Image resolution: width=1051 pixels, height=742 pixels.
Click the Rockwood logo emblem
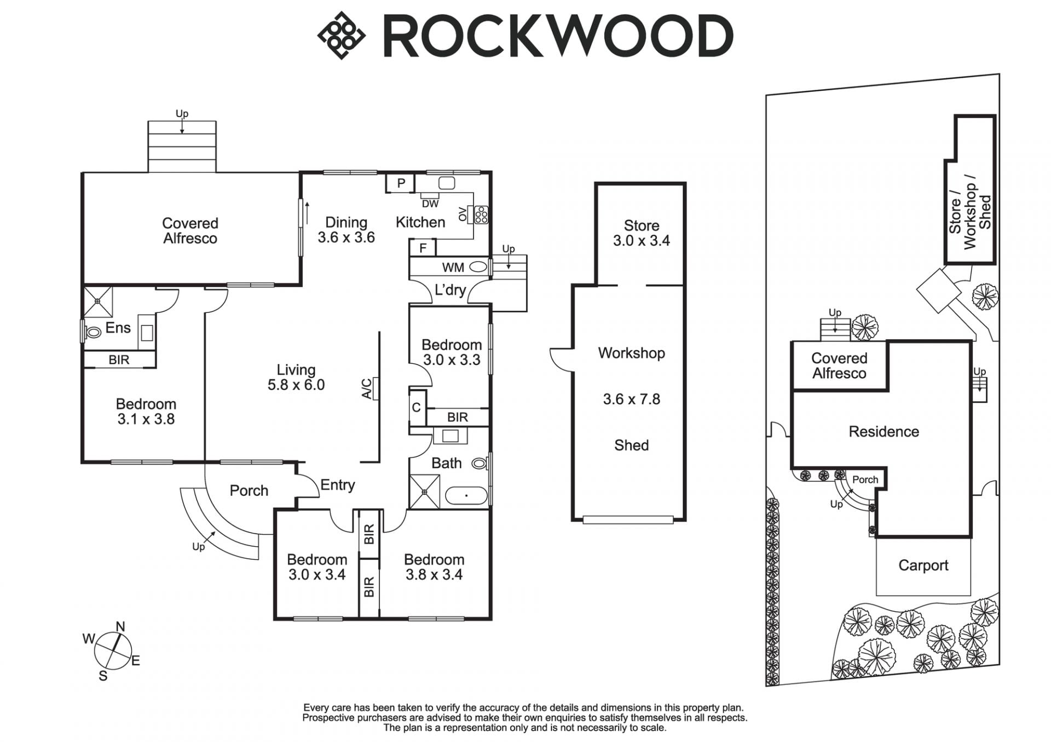(341, 36)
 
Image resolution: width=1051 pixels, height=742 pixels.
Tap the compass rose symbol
(113, 651)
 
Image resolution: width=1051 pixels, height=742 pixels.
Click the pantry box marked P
(401, 183)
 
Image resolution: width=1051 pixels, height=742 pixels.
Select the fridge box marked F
(423, 248)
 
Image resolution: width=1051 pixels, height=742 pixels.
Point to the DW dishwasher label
(430, 204)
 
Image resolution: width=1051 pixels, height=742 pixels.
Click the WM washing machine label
(453, 268)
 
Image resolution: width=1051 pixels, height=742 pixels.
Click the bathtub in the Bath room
(466, 496)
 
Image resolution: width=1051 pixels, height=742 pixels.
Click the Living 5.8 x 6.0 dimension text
(296, 385)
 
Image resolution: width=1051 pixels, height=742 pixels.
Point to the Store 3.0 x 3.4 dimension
(641, 241)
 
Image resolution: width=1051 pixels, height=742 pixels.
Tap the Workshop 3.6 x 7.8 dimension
(631, 399)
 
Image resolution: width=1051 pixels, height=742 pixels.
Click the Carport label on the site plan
(923, 565)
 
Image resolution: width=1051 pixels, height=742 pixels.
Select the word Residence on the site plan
(883, 432)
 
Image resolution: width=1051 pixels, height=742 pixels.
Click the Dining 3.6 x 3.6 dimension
(346, 237)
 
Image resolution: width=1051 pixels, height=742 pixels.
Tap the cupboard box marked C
(417, 407)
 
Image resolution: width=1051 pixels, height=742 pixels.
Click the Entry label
(337, 485)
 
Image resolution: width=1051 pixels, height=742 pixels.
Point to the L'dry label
(450, 289)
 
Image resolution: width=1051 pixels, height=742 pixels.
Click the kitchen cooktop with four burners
(481, 214)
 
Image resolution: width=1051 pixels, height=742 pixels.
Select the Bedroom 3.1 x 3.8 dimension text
(146, 419)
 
